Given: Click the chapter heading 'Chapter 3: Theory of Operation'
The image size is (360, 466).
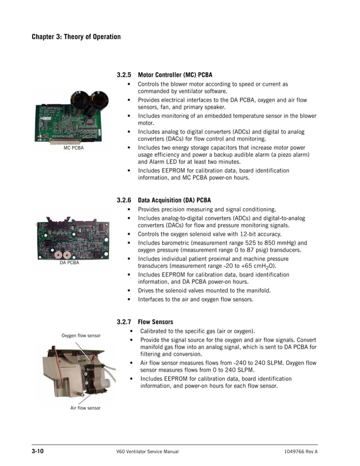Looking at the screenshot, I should coord(76,37).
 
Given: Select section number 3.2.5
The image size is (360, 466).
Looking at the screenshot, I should coord(124,74).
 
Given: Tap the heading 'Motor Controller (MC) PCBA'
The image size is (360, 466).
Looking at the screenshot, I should coord(175,74).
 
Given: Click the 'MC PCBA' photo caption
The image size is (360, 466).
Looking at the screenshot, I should coord(73,148).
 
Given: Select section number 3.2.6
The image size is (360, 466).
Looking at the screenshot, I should coord(124,200).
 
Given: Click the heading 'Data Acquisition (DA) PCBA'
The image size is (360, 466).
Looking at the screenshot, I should coord(174,200).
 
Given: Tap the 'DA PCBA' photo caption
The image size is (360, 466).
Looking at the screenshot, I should coord(69,262).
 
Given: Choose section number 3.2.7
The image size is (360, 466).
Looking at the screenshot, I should coord(124,322).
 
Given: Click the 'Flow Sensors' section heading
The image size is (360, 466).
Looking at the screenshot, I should coord(156,322).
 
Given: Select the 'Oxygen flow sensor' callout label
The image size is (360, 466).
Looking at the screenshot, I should coord(81,336).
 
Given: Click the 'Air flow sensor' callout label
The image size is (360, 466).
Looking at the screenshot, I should coord(85,408).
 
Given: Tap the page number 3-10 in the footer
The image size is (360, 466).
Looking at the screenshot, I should coord(38,452).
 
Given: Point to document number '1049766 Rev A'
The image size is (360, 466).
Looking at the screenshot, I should coord(301,452).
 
